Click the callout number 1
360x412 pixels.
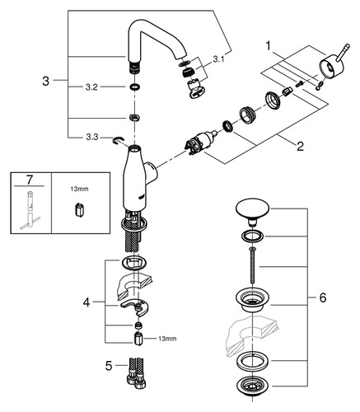tap(269, 46)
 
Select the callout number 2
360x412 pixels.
tap(300, 146)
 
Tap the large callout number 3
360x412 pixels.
tap(46, 81)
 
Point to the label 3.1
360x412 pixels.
tap(218, 59)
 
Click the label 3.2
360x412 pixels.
tap(91, 87)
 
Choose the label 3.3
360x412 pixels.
tap(92, 137)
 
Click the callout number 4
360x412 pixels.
tap(86, 302)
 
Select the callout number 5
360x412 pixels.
tap(109, 366)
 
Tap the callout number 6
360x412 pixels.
tap(323, 297)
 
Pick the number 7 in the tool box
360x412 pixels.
tap(30, 180)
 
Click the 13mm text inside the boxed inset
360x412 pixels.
tap(80, 189)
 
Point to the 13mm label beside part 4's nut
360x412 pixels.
tap(167, 339)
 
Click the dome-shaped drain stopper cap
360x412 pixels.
tap(253, 209)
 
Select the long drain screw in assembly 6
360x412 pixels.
tap(252, 266)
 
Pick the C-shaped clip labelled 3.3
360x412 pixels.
tap(118, 140)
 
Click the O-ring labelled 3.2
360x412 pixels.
tap(134, 87)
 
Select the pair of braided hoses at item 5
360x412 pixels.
tap(136, 372)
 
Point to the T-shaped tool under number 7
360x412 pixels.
tap(30, 210)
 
